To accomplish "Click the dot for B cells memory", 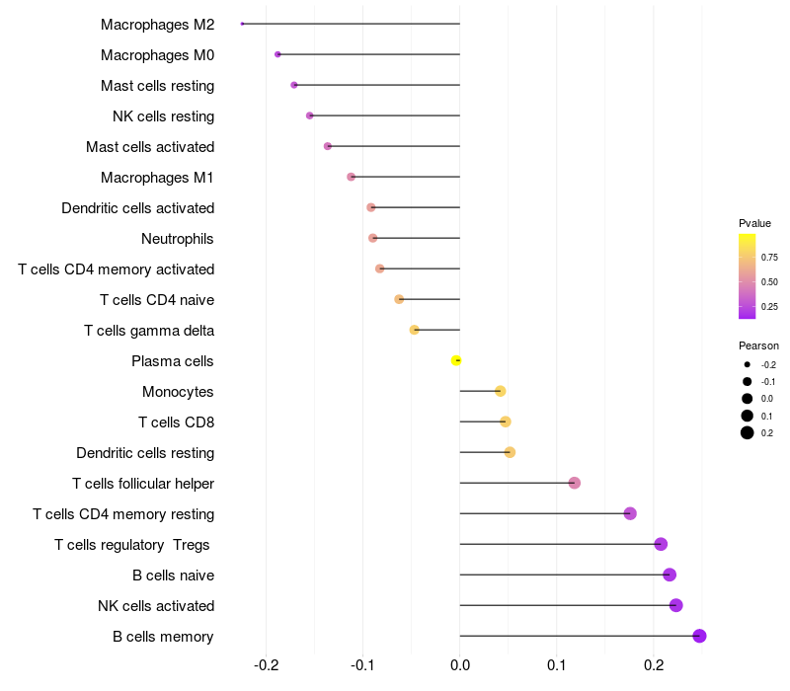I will pos(700,636).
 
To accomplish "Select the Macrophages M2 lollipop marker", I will pos(242,24).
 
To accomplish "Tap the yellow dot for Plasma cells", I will pos(456,360).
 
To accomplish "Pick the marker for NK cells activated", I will pos(675,605).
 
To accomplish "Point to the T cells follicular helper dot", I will pos(575,483).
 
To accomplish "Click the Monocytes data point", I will pos(500,391).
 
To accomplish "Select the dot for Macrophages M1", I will pos(351,177).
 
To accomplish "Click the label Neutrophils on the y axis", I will pos(178,239).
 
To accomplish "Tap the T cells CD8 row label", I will pos(177,422).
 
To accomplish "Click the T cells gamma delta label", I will pos(149,331).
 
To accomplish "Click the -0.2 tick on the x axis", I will pos(267,666).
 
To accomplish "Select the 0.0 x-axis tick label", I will pos(460,666).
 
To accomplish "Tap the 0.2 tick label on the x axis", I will pos(653,666).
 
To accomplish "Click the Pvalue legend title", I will pos(754,223).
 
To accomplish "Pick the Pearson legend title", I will pos(758,346).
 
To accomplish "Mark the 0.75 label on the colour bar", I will pos(769,258).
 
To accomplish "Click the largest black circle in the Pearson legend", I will pos(748,432).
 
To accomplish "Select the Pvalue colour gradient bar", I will pos(748,276).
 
